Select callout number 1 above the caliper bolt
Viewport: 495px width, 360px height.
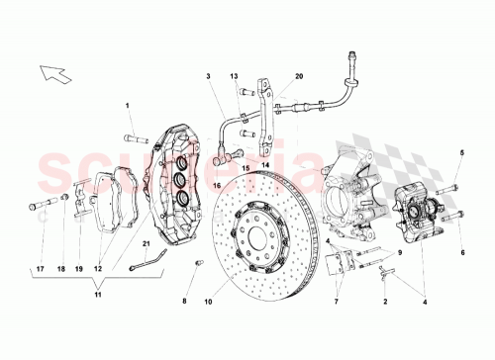[x=128, y=106]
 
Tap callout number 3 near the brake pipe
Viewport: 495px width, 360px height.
[x=209, y=75]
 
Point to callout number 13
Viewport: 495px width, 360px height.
[x=236, y=75]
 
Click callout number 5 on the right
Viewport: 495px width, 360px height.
[x=461, y=151]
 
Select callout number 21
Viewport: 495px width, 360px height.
[x=144, y=243]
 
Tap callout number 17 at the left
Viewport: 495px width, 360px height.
[x=40, y=268]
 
